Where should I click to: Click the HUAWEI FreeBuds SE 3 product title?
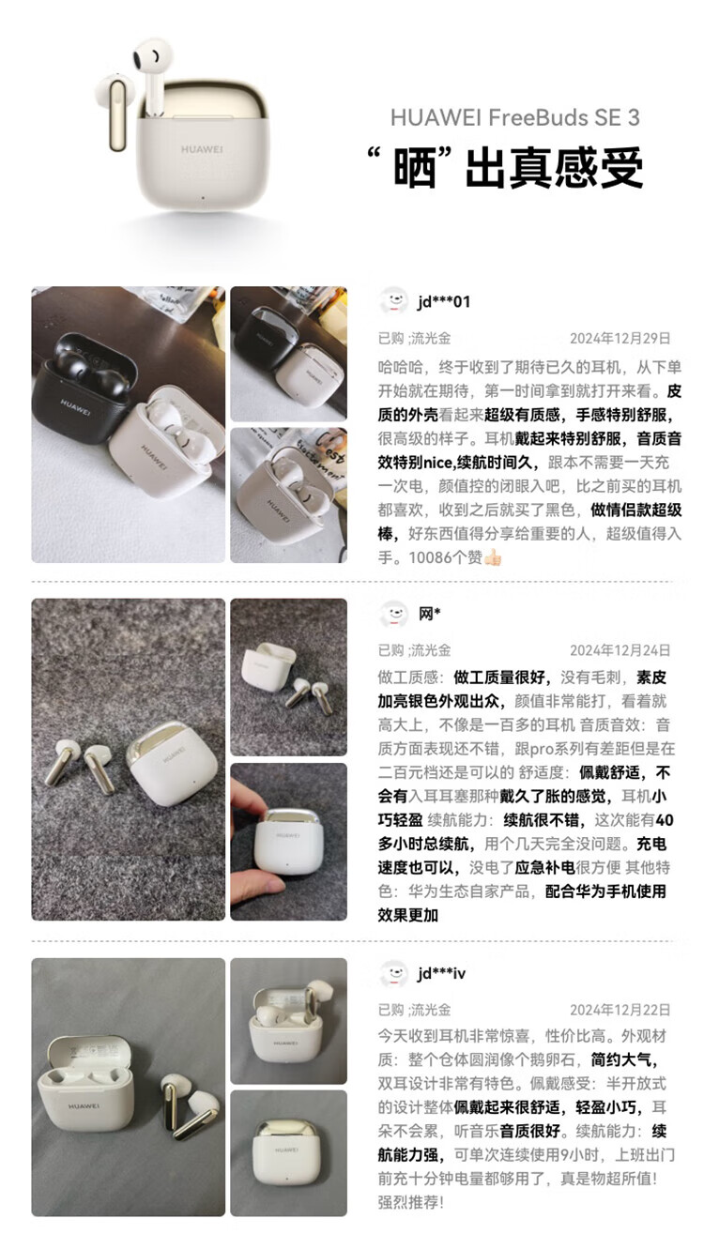click(x=514, y=117)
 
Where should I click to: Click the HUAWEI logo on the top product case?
click(x=202, y=149)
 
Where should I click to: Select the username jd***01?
click(x=444, y=302)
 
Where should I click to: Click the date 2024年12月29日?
click(x=620, y=339)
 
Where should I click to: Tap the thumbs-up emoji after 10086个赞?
click(x=493, y=558)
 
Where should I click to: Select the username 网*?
click(x=430, y=614)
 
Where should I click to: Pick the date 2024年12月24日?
click(x=620, y=650)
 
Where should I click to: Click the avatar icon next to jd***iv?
click(x=394, y=973)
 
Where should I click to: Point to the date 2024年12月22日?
click(x=620, y=1010)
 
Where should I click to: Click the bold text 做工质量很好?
click(x=500, y=677)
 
